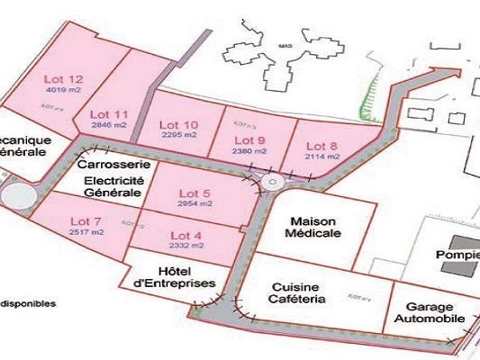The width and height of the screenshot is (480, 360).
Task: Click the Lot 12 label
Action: point(63,78)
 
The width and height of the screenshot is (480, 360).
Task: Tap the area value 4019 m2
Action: point(63,90)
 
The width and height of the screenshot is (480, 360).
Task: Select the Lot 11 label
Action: point(110,113)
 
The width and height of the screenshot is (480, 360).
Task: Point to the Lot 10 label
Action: point(178,124)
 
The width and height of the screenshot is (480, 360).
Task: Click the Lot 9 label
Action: point(249,140)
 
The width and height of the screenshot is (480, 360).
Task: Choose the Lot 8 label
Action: point(322,146)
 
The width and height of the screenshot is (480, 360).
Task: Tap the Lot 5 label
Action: point(195,193)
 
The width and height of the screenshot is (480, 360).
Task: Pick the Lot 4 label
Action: point(186,236)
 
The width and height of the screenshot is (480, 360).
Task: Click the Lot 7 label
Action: point(86,221)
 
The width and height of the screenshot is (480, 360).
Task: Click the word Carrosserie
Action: point(107,166)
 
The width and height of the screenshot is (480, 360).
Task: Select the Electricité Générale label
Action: point(112,185)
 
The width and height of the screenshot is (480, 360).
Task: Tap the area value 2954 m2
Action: point(195,204)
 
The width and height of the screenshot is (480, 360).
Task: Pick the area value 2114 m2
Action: point(322,157)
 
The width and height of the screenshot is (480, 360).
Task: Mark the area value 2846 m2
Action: point(110,125)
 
